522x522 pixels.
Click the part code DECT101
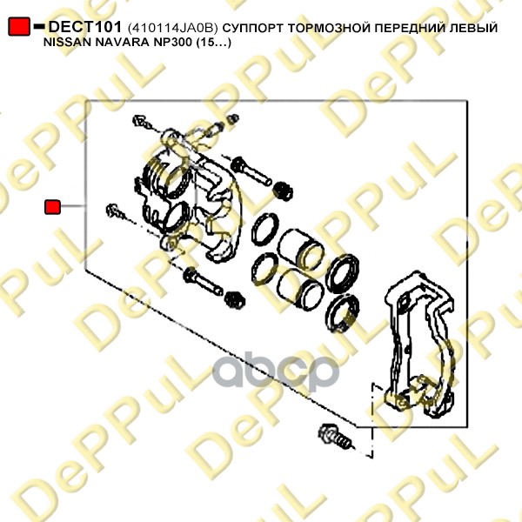click(x=85, y=27)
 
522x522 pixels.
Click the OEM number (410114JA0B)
click(x=172, y=28)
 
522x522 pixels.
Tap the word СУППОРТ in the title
click(x=253, y=28)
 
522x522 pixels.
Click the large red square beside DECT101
click(x=19, y=26)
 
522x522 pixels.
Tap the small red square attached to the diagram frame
click(x=52, y=207)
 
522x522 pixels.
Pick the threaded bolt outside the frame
click(x=335, y=436)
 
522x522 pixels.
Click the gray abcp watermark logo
click(x=276, y=371)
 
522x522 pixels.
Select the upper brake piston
click(x=299, y=249)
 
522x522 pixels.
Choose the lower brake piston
click(x=300, y=289)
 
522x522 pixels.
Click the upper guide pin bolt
click(x=251, y=171)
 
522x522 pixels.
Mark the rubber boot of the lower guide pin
click(x=235, y=299)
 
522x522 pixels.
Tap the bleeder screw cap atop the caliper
click(x=233, y=118)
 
